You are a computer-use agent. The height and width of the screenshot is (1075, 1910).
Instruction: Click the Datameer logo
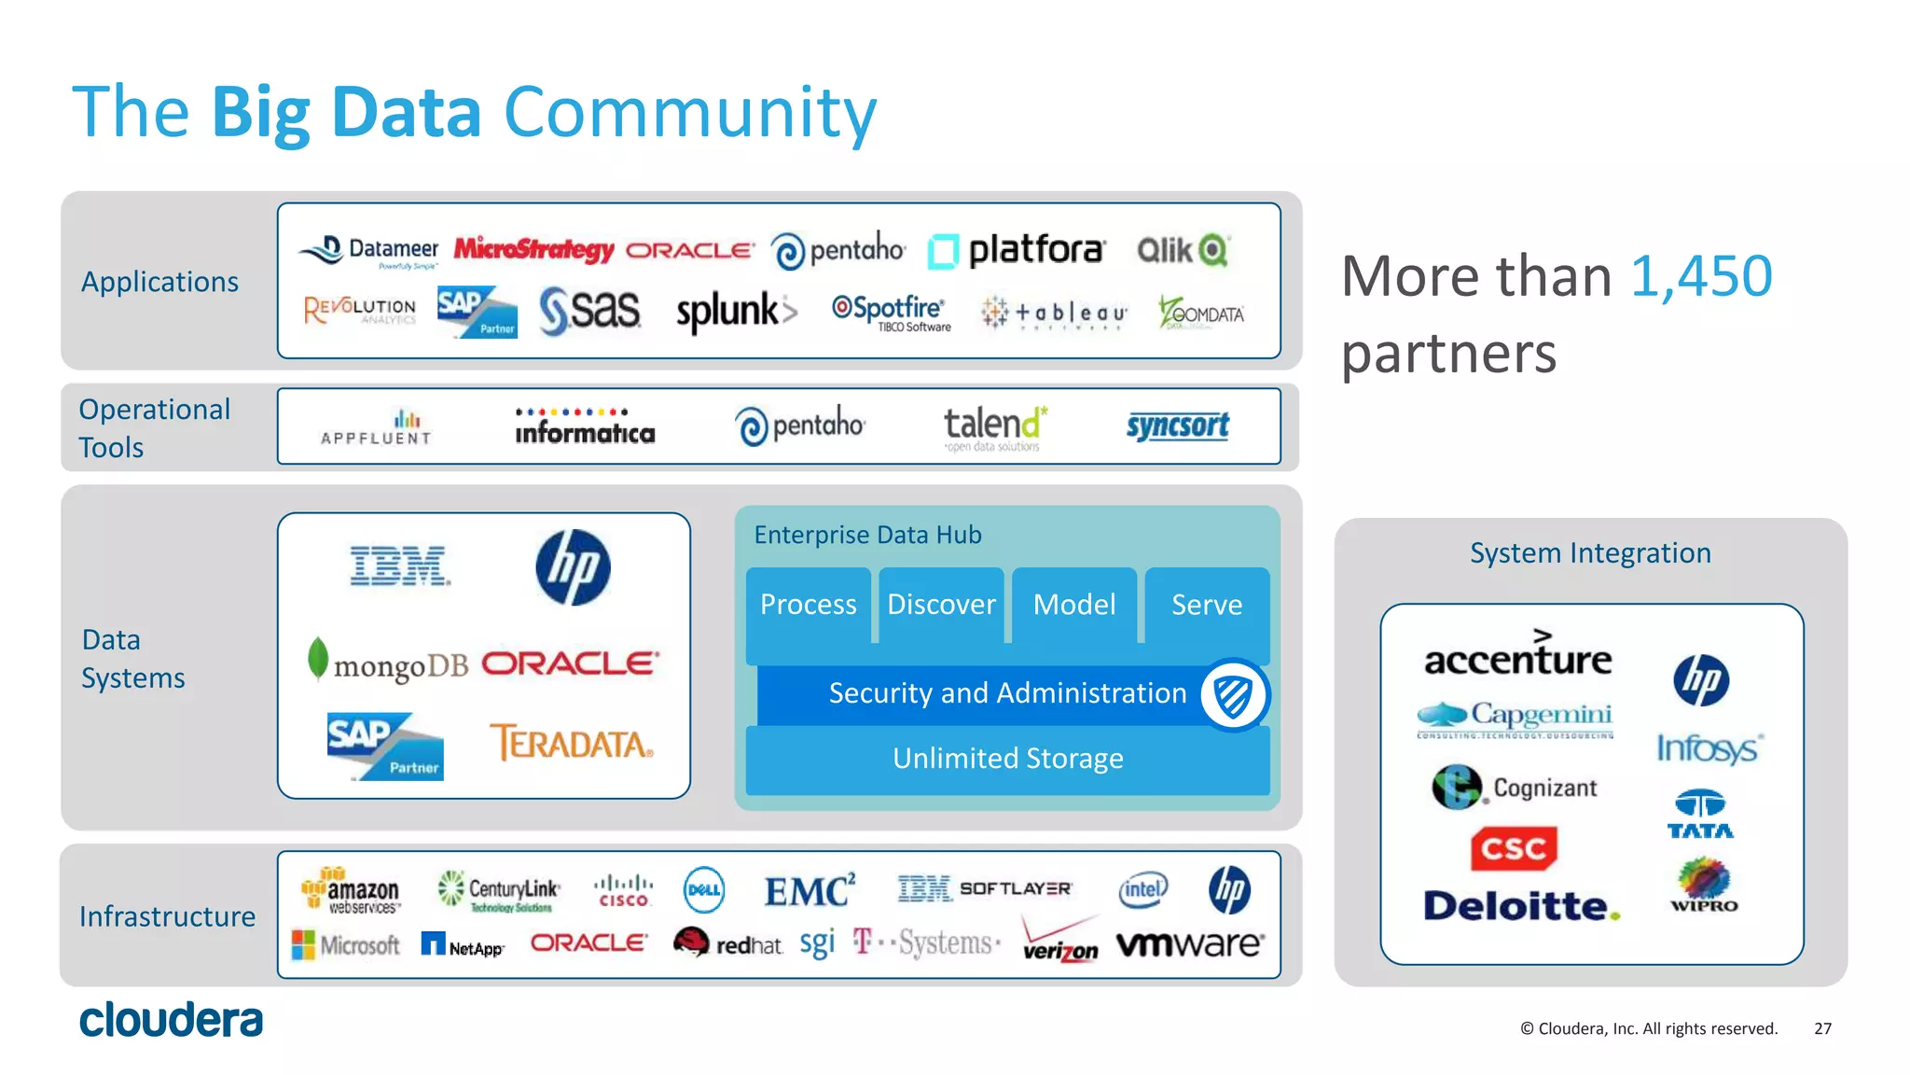coord(369,250)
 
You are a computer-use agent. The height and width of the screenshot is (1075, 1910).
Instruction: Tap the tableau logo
coord(1054,314)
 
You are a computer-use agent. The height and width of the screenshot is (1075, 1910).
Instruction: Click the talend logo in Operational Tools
coord(994,426)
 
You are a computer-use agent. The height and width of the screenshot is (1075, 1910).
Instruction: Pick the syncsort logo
coord(1177,426)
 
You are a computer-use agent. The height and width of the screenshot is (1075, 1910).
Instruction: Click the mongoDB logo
coord(387,663)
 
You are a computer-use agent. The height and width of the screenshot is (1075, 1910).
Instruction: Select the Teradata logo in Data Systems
coord(572,744)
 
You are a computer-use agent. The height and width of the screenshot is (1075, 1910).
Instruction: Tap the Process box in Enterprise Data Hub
coord(808,605)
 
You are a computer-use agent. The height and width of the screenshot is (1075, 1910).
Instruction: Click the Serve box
coord(1206,605)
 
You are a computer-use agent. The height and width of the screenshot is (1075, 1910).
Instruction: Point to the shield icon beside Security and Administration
coord(1233,695)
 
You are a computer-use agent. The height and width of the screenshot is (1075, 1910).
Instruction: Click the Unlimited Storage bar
coord(1007,759)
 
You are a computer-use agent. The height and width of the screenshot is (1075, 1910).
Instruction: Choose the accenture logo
coord(1517,654)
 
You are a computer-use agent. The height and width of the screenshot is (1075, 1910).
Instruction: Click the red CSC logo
coord(1514,848)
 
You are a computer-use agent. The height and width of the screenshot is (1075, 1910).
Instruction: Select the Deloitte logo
coord(1521,906)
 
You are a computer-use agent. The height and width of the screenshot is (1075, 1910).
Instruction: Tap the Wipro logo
coord(1703,886)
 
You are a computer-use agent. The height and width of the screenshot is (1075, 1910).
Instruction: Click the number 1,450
coord(1700,276)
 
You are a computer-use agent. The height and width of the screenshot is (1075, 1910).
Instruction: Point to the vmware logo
coord(1190,944)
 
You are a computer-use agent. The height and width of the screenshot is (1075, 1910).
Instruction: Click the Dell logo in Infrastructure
coord(703,889)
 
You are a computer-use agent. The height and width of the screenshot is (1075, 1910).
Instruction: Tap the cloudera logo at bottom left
coord(172,1020)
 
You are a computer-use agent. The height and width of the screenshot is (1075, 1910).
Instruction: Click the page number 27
coord(1822,1028)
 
